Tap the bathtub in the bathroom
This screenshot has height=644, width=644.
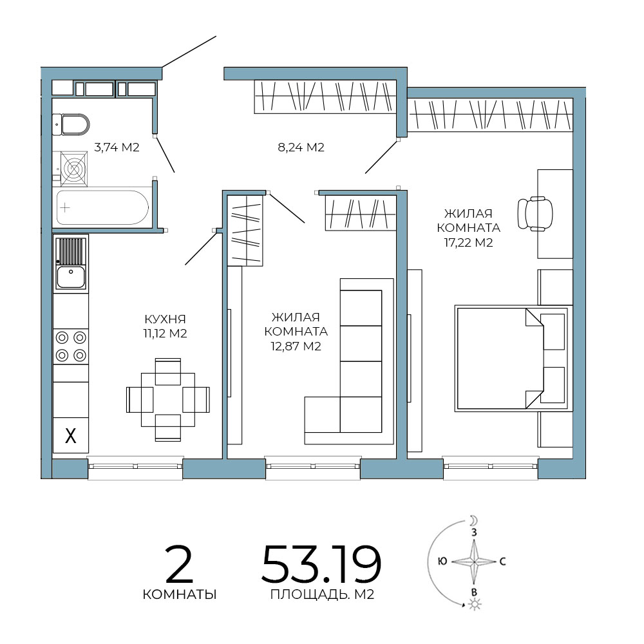(x=102, y=207)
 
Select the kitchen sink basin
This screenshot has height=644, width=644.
(x=71, y=276)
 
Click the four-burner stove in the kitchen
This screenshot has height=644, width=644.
(x=71, y=346)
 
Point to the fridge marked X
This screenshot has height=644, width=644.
(x=71, y=435)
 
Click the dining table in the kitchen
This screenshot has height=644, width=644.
(x=168, y=400)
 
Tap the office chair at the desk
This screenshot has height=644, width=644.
(x=535, y=214)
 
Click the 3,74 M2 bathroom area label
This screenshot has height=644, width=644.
(x=117, y=147)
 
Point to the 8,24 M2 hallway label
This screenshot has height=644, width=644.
(x=301, y=147)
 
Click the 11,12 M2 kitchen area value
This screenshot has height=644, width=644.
(x=165, y=333)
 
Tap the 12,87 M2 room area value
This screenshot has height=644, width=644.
(x=296, y=346)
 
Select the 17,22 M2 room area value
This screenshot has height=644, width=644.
(x=468, y=242)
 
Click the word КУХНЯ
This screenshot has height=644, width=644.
(x=165, y=319)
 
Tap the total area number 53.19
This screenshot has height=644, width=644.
(x=321, y=564)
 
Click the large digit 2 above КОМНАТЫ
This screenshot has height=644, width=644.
(x=179, y=564)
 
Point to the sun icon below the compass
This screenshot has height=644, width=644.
(x=475, y=604)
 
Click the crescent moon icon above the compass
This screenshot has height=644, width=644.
(x=474, y=521)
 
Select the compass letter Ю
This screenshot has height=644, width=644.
(x=443, y=561)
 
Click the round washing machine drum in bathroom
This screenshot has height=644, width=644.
(x=74, y=169)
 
